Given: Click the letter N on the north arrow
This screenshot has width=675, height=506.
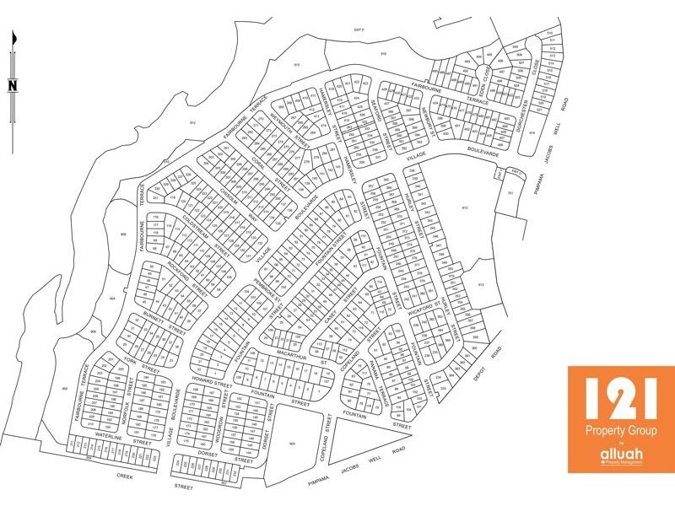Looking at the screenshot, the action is pos(13,84).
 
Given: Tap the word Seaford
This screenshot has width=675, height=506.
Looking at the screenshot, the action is pos(383,117).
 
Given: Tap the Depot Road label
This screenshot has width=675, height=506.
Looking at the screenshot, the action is pos(492,361).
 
